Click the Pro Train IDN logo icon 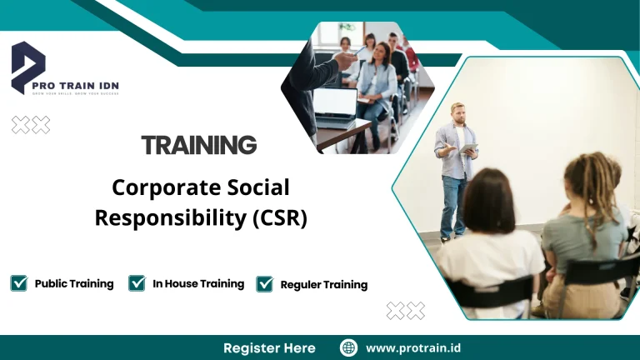[27, 67]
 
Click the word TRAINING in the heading [198, 145]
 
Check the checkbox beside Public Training [18, 283]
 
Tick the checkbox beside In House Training [137, 283]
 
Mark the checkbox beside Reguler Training [265, 284]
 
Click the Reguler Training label [323, 285]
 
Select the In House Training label [198, 284]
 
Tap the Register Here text [269, 347]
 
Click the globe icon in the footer [349, 347]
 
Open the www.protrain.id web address [412, 347]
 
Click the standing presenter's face [457, 112]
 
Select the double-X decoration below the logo [30, 125]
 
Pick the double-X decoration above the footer [405, 311]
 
